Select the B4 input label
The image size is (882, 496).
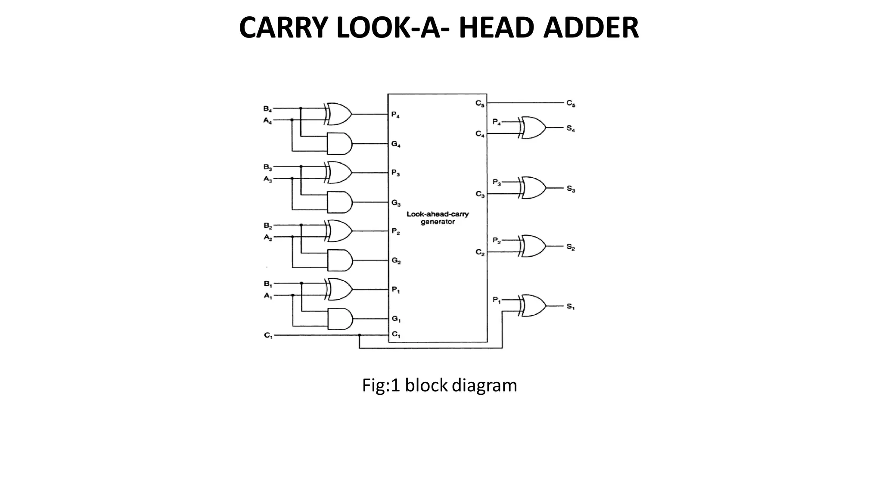tap(267, 108)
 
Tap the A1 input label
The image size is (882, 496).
tap(268, 296)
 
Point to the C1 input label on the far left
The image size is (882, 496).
tap(268, 335)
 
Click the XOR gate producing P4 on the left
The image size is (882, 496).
tap(339, 114)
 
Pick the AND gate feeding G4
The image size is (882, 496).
tap(339, 143)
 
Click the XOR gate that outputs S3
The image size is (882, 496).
tap(533, 188)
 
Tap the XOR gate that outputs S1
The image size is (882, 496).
tap(533, 306)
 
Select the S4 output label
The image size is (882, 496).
tap(571, 129)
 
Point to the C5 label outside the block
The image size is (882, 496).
tap(571, 103)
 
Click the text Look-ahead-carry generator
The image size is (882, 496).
tap(438, 218)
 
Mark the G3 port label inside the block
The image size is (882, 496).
tap(396, 203)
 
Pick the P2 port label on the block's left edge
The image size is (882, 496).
tap(396, 232)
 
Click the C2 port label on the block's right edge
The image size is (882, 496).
tap(480, 252)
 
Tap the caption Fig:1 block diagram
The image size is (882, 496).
tap(439, 385)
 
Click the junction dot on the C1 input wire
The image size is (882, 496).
tap(360, 335)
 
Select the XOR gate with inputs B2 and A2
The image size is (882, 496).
tap(339, 231)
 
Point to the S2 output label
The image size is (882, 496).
tap(571, 247)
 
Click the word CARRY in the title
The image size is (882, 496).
tap(285, 28)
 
